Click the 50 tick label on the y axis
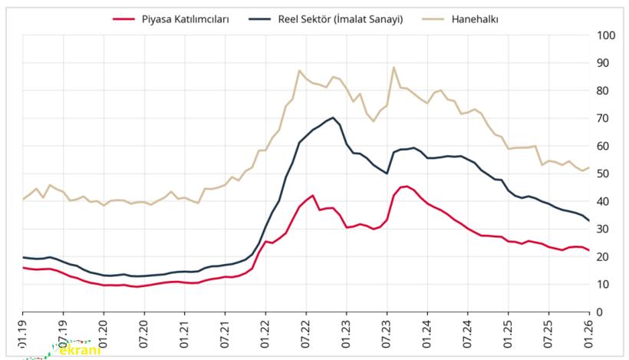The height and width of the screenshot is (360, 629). pos(604,174)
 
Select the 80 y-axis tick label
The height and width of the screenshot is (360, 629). pos(604,91)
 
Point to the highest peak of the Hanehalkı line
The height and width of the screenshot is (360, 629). pos(394,67)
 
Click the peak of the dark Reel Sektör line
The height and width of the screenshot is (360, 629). pos(333,117)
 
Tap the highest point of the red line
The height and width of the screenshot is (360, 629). pos(407,186)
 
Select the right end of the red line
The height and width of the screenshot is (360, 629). pos(588,250)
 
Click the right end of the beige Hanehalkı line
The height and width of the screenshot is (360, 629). pos(588,167)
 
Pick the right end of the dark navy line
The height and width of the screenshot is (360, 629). pos(588,221)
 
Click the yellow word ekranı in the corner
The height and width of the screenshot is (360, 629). pos(76,349)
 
